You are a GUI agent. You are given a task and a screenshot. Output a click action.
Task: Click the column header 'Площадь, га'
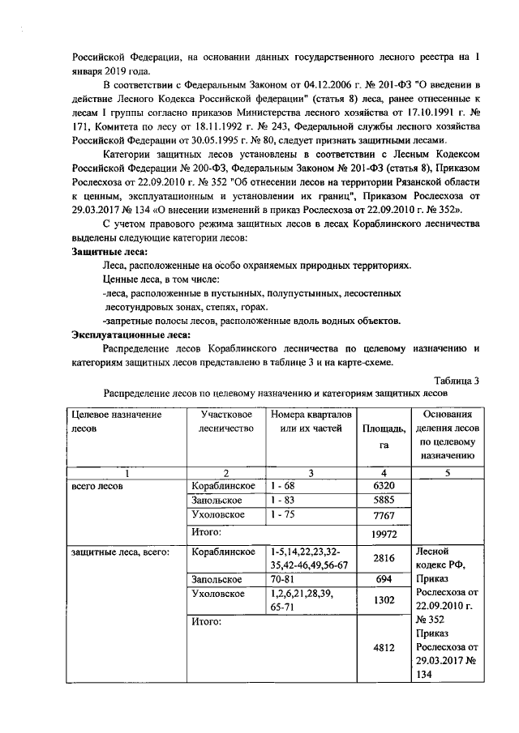pyautogui.click(x=384, y=437)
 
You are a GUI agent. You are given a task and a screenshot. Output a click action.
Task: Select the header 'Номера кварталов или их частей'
pyautogui.click(x=311, y=421)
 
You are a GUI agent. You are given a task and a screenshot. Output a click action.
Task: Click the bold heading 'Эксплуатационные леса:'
pyautogui.click(x=131, y=334)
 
